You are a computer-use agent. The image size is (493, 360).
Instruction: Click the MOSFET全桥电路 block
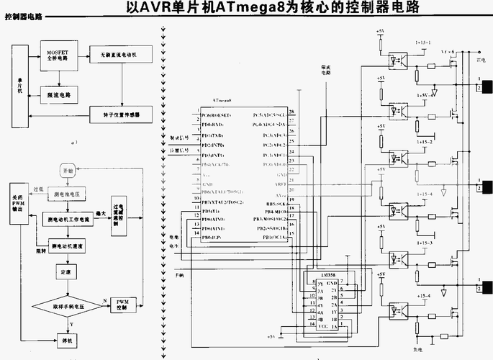point(57,58)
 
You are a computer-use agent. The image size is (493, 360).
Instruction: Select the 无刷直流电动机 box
point(119,55)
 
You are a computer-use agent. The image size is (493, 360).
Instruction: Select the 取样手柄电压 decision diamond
point(69,307)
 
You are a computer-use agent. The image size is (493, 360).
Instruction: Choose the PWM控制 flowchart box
point(122,305)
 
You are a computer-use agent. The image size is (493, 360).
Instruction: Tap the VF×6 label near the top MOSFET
point(448,53)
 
